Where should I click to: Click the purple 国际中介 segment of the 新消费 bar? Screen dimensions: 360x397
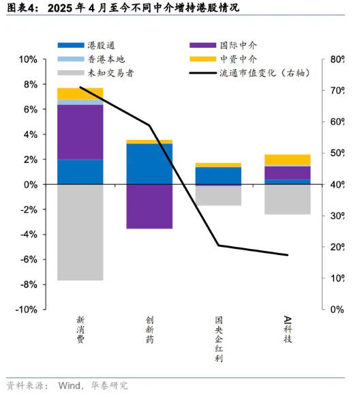click(x=80, y=132)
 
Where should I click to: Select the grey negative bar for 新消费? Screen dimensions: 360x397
click(x=80, y=233)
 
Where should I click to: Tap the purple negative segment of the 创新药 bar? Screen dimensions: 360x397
click(x=149, y=207)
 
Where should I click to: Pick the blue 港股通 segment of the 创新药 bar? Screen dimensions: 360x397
click(x=149, y=164)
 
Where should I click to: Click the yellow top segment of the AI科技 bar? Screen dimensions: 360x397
click(x=288, y=160)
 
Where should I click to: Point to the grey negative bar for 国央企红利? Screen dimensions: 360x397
click(x=218, y=196)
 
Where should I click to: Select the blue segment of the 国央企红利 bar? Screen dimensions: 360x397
click(x=218, y=176)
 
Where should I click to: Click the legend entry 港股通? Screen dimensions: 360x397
click(x=87, y=45)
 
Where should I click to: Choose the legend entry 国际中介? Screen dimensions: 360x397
click(x=224, y=45)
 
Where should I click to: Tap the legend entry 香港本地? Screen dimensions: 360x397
click(x=91, y=59)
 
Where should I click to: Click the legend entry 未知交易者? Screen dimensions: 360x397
click(x=96, y=73)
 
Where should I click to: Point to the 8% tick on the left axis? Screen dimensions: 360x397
click(x=44, y=84)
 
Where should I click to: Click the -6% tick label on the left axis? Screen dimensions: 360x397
click(x=29, y=259)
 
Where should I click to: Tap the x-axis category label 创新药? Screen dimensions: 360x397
click(x=149, y=329)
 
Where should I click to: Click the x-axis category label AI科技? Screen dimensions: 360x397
click(x=288, y=329)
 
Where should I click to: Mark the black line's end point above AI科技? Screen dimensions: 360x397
click(x=288, y=255)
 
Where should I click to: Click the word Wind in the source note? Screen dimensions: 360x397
click(x=70, y=385)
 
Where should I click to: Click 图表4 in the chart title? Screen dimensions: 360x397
click(x=20, y=8)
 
